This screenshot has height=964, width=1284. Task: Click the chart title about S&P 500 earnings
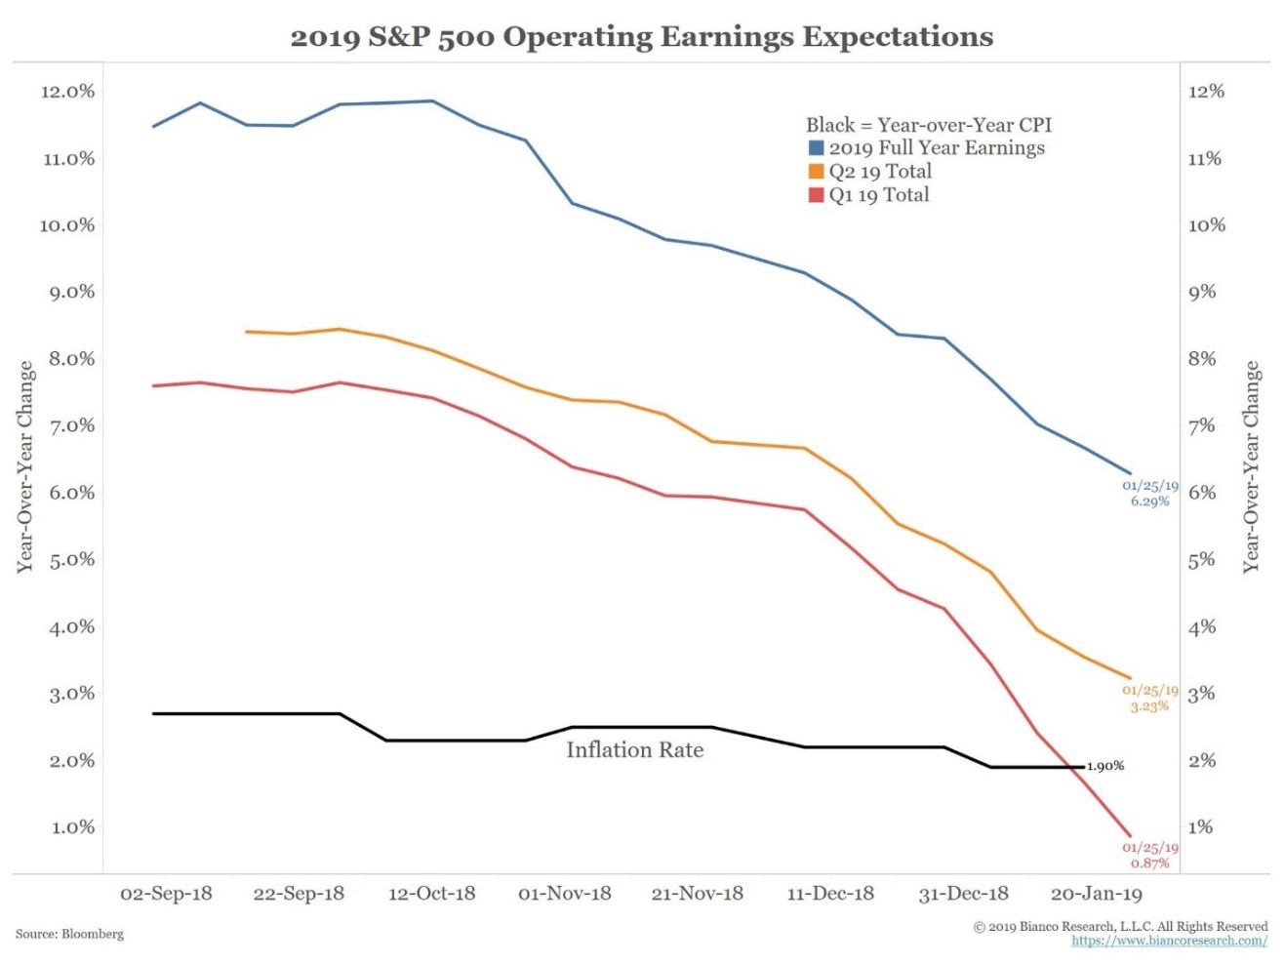(x=641, y=37)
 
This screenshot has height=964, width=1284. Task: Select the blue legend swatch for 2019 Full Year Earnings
(x=817, y=148)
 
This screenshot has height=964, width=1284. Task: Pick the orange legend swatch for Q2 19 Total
(x=817, y=172)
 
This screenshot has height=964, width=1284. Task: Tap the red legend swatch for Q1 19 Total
(x=817, y=195)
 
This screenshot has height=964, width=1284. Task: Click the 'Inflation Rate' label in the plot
(x=634, y=749)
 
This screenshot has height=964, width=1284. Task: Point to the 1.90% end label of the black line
(x=1105, y=766)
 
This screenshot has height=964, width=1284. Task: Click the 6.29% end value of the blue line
(x=1149, y=502)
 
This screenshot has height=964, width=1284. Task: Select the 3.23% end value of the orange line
(x=1149, y=706)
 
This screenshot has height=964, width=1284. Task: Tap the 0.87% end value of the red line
(x=1149, y=864)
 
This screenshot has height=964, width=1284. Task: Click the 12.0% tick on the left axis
(x=67, y=92)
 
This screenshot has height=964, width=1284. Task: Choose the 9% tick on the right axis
(x=1202, y=292)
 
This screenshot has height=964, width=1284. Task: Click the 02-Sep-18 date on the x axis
(x=166, y=894)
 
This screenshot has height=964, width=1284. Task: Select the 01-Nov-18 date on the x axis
(x=565, y=894)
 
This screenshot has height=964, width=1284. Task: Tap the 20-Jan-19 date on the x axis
(x=1096, y=894)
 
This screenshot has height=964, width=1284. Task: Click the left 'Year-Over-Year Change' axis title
(x=26, y=466)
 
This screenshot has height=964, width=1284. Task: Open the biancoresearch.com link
(x=1169, y=942)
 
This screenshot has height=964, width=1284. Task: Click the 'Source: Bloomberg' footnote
(x=69, y=934)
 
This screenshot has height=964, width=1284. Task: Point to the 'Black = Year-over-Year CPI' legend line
(x=928, y=125)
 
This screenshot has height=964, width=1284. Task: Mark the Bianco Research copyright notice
(x=1120, y=926)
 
